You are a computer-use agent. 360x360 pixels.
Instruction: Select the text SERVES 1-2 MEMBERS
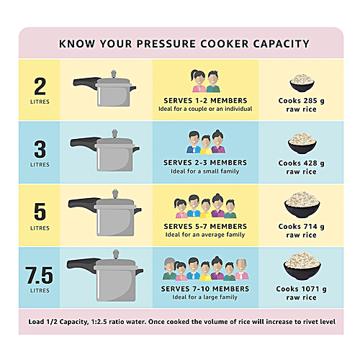coord(204,99)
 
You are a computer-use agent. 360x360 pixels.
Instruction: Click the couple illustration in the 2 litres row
coord(204,78)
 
